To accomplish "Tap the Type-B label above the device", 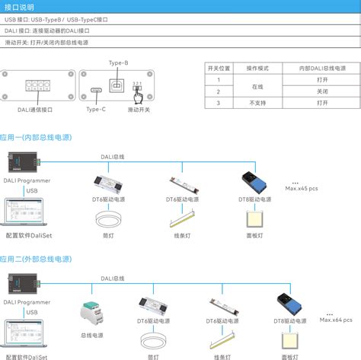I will pyautogui.click(x=119, y=62).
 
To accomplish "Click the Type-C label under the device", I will pyautogui.click(x=96, y=110).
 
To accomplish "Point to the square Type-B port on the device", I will pyautogui.click(x=119, y=81).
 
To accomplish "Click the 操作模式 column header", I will pyautogui.click(x=257, y=68).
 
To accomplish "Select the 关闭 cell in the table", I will pyautogui.click(x=322, y=91).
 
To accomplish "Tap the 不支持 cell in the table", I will pyautogui.click(x=257, y=102).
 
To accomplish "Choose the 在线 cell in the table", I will pyautogui.click(x=257, y=85).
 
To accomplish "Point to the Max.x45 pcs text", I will pyautogui.click(x=302, y=188).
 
